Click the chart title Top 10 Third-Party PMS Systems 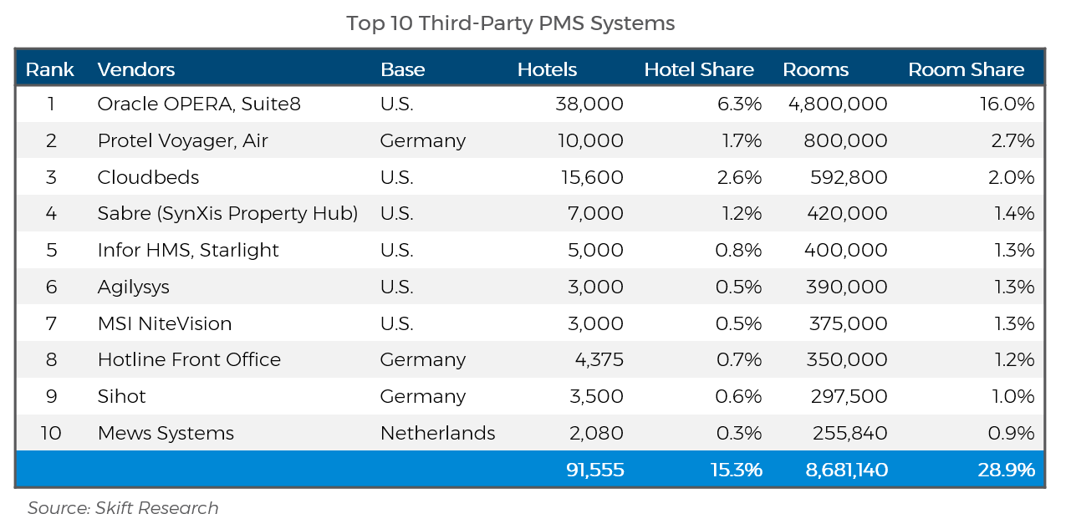point(510,23)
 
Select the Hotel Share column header point(699,69)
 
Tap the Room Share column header point(966,69)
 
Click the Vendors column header point(136,69)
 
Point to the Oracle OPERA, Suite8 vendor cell point(199,104)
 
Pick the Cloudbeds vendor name point(148,177)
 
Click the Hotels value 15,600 point(592,177)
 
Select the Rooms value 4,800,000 point(838,104)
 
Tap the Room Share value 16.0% point(1007,104)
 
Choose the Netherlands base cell point(437,433)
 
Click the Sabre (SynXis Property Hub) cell point(227,214)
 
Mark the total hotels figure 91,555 point(594,470)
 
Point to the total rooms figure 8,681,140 point(847,470)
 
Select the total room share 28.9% point(1007,470)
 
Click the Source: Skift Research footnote point(123,508)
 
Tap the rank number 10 point(51,433)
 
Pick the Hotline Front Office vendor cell point(189,359)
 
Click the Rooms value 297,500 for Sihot point(849,396)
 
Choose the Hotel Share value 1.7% point(742,140)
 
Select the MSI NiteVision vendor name point(164,323)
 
